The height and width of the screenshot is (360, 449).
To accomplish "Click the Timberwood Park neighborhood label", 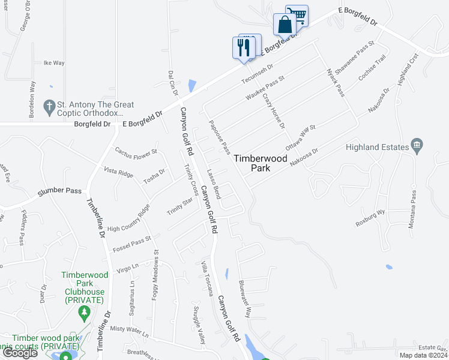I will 260,163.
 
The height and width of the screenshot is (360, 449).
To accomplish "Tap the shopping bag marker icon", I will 284,25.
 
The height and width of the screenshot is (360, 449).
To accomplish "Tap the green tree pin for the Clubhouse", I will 84,313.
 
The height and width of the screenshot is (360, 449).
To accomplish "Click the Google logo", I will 19,352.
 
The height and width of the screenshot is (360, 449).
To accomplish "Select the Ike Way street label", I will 54,62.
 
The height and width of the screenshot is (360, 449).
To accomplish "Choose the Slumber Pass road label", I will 59,191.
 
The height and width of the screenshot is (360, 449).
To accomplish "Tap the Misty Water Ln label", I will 129,329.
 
